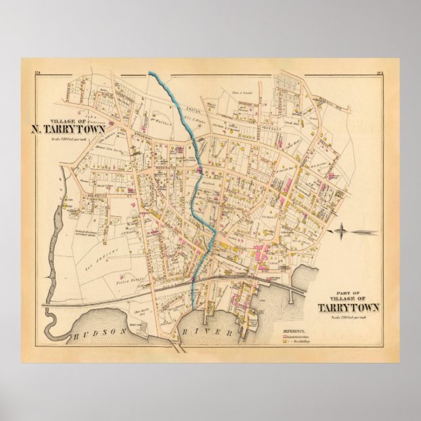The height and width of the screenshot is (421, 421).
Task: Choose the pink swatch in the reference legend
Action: pyautogui.click(x=286, y=339)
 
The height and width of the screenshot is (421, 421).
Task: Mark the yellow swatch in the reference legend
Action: pyautogui.click(x=286, y=344)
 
